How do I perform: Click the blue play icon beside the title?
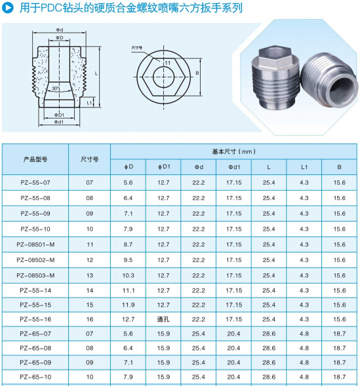[x=8, y=8]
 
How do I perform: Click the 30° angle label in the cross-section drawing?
[x=56, y=88]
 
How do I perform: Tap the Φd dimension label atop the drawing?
[x=59, y=29]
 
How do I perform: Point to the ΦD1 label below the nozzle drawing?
[x=59, y=115]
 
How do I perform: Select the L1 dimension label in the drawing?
[x=90, y=102]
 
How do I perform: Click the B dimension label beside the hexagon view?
[x=197, y=73]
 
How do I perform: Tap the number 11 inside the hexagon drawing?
[x=167, y=63]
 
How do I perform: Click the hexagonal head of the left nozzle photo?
[x=275, y=57]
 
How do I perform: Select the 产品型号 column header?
[x=35, y=159]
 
